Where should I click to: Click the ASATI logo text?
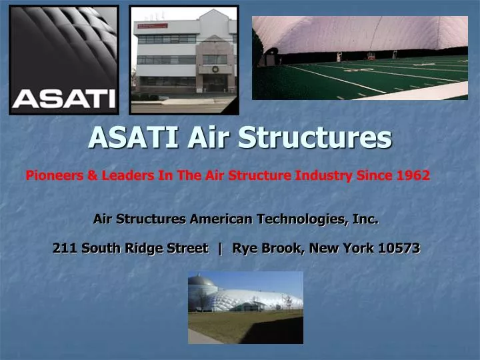(63, 99)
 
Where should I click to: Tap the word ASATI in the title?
(134, 137)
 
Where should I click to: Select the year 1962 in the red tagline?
(413, 175)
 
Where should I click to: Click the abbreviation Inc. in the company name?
(365, 218)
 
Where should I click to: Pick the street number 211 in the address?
(64, 248)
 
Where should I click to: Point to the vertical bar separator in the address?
(220, 248)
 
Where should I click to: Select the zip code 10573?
(399, 248)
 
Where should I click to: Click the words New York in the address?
(340, 248)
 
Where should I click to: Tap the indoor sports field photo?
(359, 58)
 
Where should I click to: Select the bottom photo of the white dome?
(245, 307)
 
